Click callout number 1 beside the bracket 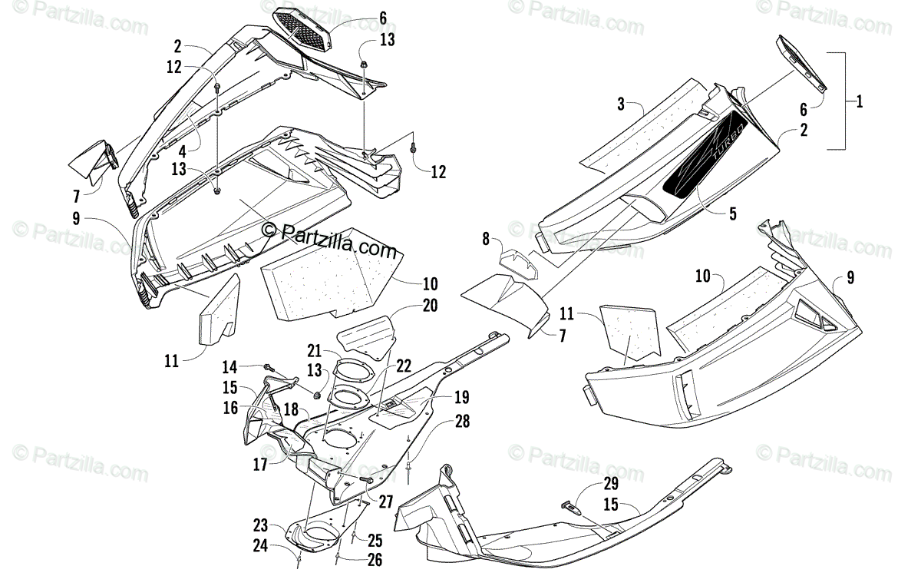[860, 101]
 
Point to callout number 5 [732, 214]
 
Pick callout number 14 [229, 367]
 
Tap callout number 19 [460, 398]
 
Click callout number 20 [429, 305]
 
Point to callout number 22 [404, 368]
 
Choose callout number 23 [261, 525]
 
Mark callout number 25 [374, 540]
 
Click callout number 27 [385, 501]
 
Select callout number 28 [461, 422]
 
